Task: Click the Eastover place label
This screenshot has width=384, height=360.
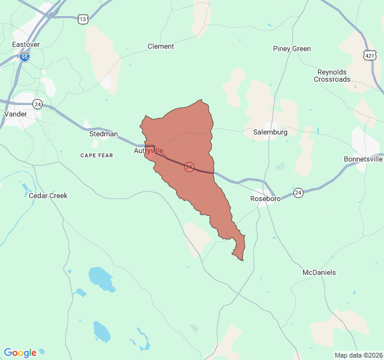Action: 25,44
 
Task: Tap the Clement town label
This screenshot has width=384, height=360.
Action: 161,46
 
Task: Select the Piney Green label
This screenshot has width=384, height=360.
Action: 292,49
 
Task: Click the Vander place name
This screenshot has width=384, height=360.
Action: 16,113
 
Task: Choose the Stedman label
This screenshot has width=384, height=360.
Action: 103,134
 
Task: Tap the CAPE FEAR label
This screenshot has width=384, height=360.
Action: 97,155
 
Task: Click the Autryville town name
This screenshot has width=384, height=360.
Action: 148,151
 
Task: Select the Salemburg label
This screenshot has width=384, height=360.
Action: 270,132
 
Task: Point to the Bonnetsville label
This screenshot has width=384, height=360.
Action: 363,159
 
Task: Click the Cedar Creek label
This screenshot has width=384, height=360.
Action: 48,196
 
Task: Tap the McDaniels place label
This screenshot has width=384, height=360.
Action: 319,272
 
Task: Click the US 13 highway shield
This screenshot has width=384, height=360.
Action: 83,20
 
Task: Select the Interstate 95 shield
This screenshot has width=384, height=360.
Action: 25,58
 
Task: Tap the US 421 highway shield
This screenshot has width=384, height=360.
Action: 370,55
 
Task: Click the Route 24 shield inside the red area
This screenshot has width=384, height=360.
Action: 189,167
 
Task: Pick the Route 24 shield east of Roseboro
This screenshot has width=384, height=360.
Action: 298,193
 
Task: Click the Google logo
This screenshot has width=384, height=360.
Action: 20,353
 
